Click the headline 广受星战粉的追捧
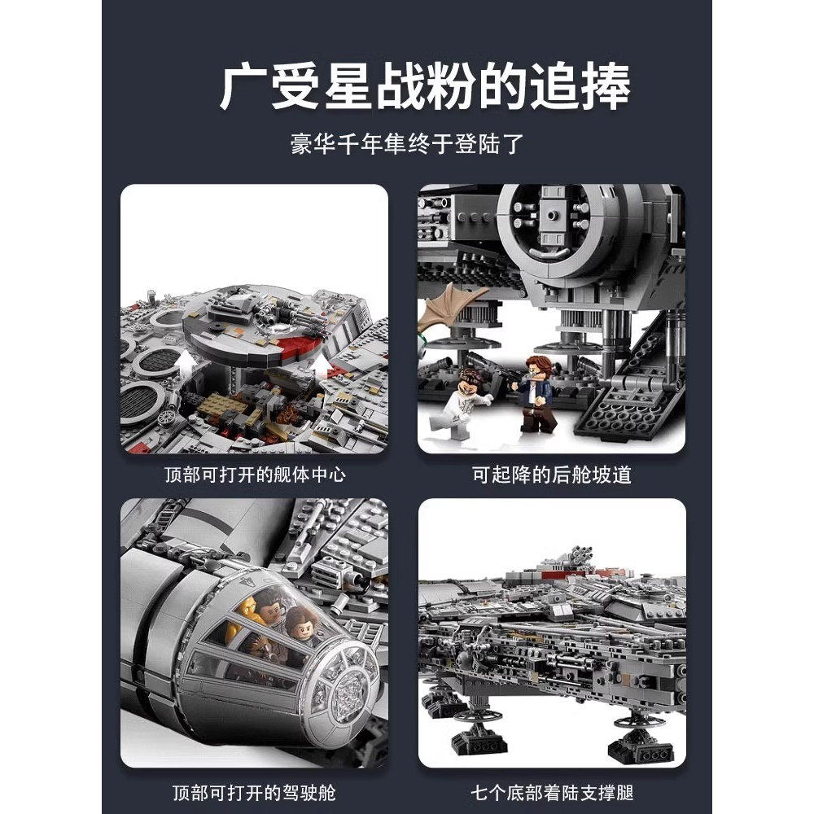point(424,87)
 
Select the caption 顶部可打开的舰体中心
point(254,475)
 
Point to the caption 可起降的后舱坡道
point(552,475)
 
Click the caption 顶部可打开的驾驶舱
point(254,791)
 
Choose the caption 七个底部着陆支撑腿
point(552,791)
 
